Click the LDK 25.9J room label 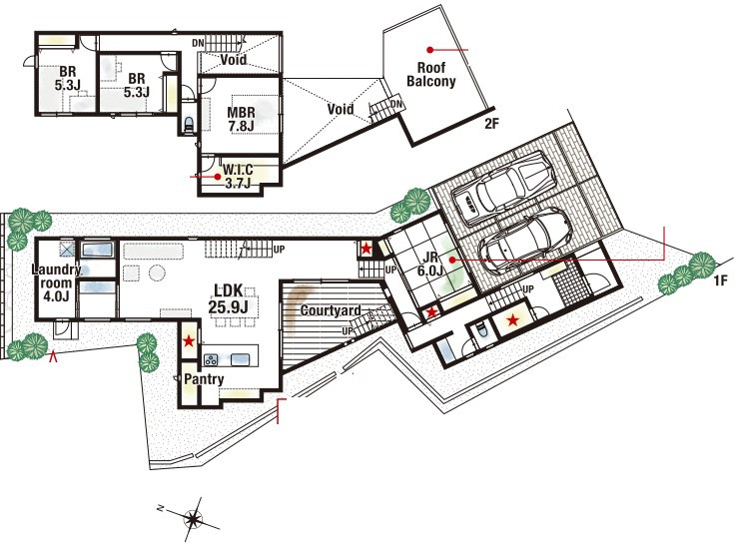pos(229,298)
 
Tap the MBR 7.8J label pos(241,120)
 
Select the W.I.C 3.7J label pos(238,176)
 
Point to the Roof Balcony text pos(431,74)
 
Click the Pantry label pos(204,379)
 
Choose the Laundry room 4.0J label pos(56,283)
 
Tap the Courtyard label pos(331,310)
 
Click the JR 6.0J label pos(430,265)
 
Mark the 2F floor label pos(491,124)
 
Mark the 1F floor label pos(721,280)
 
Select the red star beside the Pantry pos(189,340)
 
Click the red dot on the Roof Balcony pos(430,50)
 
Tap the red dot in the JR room pos(452,260)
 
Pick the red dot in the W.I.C pos(218,177)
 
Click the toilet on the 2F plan pos(189,124)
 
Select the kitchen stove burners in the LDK pos(211,359)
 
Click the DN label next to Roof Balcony pos(396,104)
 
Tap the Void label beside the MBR pos(341,109)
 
